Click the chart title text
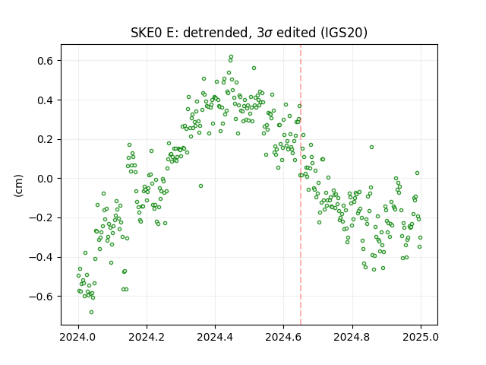click(249, 33)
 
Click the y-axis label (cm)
click(18, 186)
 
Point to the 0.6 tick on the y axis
click(46, 61)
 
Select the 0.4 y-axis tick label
click(46, 100)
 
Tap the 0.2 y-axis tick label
click(46, 139)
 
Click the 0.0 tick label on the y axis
click(46, 179)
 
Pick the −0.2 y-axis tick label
click(41, 218)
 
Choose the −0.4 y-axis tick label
click(41, 257)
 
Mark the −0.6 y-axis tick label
click(41, 297)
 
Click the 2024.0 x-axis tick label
click(78, 337)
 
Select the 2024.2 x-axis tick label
click(147, 337)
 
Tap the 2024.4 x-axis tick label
click(215, 337)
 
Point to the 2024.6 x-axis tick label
click(283, 337)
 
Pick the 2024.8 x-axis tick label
click(352, 337)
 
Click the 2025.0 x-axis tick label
click(421, 337)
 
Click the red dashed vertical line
click(301, 185)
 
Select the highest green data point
click(231, 57)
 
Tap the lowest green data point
click(91, 312)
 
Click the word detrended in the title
click(217, 33)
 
